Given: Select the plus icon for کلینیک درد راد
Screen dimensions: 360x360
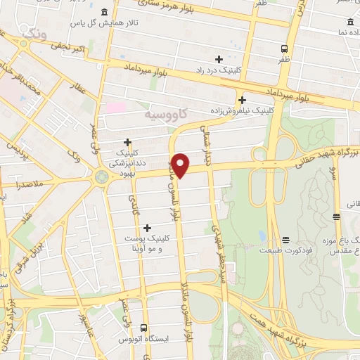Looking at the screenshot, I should click(x=219, y=59).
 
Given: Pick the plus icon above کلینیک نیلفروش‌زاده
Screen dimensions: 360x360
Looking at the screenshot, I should click(x=242, y=100).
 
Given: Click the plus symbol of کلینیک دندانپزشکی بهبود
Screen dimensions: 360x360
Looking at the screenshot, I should click(x=127, y=142).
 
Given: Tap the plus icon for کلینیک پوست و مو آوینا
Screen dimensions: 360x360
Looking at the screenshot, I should click(x=147, y=228).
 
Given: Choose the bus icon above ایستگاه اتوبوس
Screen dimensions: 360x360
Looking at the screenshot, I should click(x=144, y=328).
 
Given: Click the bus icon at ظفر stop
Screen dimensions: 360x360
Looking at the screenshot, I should click(x=284, y=49).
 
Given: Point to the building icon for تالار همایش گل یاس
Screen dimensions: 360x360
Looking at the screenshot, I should click(x=105, y=12).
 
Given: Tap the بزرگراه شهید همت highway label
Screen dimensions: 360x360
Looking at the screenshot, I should click(x=309, y=330).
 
